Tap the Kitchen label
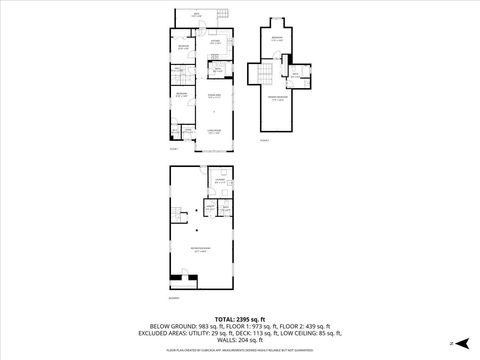[216, 43]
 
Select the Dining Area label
[215, 96]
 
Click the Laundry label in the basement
[219, 182]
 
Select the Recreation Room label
[201, 249]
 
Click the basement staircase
[177, 220]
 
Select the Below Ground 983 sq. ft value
[179, 325]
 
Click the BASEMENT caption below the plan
[174, 300]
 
